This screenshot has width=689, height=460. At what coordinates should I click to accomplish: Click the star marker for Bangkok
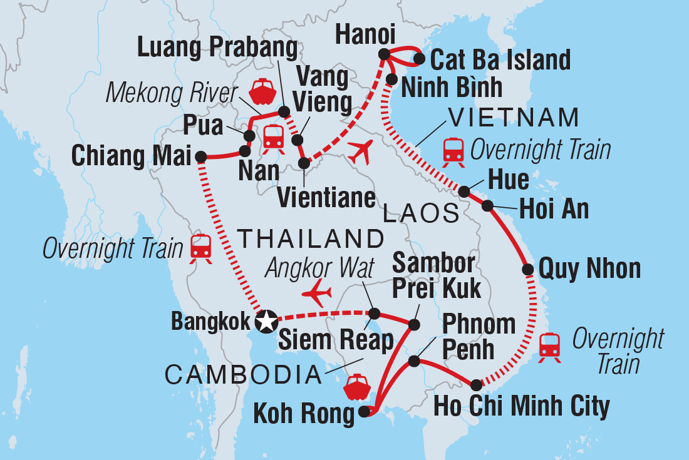point(266,322)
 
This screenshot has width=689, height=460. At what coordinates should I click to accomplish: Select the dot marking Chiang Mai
point(201,156)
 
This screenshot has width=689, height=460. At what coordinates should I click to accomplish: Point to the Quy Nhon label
point(589,269)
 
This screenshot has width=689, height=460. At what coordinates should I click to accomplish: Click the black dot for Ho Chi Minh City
point(477,384)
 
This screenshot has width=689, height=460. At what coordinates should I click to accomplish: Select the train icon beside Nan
point(274,136)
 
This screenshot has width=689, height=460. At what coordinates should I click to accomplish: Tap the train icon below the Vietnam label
point(453,150)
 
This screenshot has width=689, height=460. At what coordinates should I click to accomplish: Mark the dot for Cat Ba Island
point(419,60)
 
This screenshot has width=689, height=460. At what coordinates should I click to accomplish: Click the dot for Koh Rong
point(365,412)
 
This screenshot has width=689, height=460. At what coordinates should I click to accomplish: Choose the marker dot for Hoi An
point(487,205)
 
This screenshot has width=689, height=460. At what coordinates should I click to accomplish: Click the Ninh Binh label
point(452,88)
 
